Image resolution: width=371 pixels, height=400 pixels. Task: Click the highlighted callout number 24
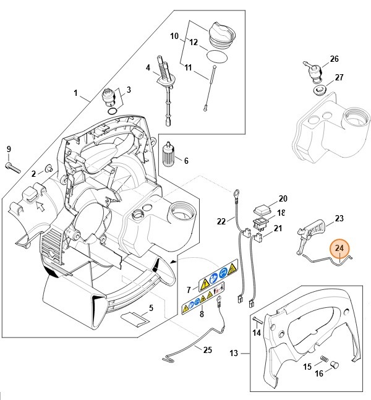pyautogui.click(x=339, y=249)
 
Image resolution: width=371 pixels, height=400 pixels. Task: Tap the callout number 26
pyautogui.click(x=334, y=59)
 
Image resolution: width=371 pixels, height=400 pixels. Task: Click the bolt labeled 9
pyautogui.click(x=14, y=165)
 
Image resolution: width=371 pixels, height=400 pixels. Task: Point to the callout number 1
pyautogui.click(x=76, y=94)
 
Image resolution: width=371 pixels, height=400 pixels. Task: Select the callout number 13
pyautogui.click(x=234, y=354)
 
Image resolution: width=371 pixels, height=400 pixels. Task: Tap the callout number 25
pyautogui.click(x=207, y=349)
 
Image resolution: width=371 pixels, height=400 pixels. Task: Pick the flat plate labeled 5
pyautogui.click(x=134, y=320)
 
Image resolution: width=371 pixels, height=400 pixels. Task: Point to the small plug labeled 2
pyautogui.click(x=47, y=169)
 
